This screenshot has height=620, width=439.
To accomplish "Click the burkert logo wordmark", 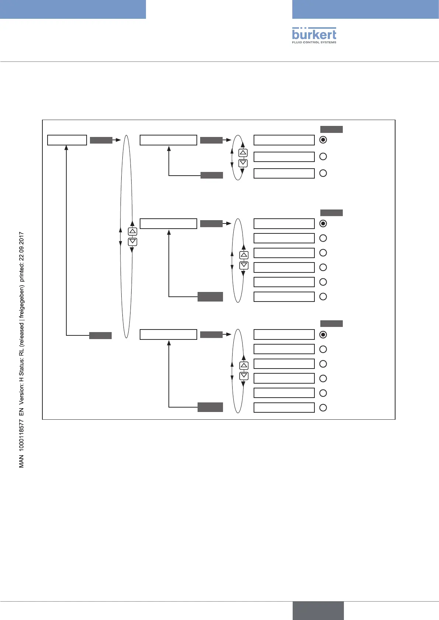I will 314,34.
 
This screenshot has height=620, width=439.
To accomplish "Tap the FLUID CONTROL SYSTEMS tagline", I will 314,42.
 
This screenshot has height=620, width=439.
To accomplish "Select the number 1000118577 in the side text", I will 22,433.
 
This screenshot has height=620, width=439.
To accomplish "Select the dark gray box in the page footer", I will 318,611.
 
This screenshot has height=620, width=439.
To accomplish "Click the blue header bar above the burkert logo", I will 365,9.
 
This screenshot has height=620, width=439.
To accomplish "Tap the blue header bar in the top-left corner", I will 73,9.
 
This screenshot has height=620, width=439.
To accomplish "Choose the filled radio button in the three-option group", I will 323,140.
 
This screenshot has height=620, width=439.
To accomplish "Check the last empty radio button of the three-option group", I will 323,173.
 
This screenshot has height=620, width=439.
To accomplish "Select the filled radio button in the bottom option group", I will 323,335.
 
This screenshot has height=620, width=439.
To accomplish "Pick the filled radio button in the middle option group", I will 323,223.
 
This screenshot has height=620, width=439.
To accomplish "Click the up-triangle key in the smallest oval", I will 243,153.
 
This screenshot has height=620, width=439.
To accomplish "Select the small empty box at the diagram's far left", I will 67,140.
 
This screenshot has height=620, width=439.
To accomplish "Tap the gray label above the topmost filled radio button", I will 331,129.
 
